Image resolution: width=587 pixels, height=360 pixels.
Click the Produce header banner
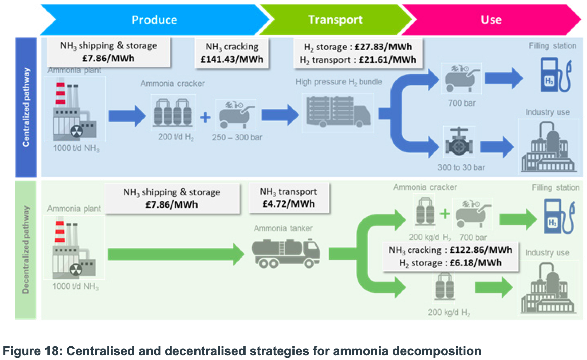pos(154,20)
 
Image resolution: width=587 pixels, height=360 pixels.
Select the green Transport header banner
pos(335,20)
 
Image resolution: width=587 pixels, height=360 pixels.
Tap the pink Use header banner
pos(491,20)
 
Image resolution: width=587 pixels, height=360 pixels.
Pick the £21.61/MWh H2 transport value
pos(389,60)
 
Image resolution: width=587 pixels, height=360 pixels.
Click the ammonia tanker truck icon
pos(286,251)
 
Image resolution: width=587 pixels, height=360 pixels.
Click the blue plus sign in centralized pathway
pos(205,118)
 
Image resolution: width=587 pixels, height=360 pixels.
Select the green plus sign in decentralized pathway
pos(444,214)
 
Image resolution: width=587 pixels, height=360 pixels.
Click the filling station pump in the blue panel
pos(553,76)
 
